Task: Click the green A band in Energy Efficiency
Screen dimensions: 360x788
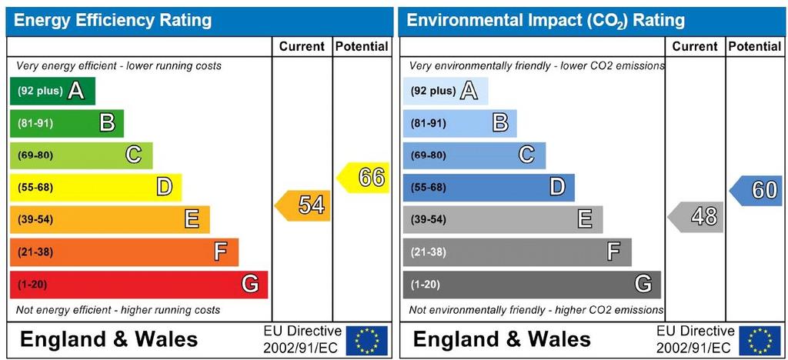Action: pos(52,91)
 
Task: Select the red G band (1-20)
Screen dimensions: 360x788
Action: pos(139,285)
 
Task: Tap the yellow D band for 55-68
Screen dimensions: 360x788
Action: pos(95,187)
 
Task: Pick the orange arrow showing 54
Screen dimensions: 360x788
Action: pos(304,205)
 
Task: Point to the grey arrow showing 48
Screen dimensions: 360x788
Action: pos(697,217)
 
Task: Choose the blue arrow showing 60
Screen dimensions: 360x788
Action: pos(757,190)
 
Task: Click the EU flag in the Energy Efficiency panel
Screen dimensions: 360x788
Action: pos(367,340)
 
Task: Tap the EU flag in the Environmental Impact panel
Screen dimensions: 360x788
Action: pos(760,340)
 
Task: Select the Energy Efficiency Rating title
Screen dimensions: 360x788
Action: pos(113,20)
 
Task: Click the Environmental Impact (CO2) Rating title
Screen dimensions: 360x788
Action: pos(546,20)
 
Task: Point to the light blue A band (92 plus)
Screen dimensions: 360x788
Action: pos(445,91)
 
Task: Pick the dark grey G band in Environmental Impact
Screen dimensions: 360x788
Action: pos(532,285)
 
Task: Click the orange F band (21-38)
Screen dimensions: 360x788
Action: pos(124,252)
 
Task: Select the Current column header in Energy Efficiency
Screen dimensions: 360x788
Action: pos(302,46)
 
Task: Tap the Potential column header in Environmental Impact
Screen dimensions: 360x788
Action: pos(754,46)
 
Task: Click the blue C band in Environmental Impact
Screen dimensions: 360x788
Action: pos(474,155)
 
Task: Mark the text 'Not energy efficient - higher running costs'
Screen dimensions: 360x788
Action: pos(118,310)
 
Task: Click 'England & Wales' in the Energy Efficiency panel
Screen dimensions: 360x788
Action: pos(109,339)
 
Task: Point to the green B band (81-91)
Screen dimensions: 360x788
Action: pos(66,123)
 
